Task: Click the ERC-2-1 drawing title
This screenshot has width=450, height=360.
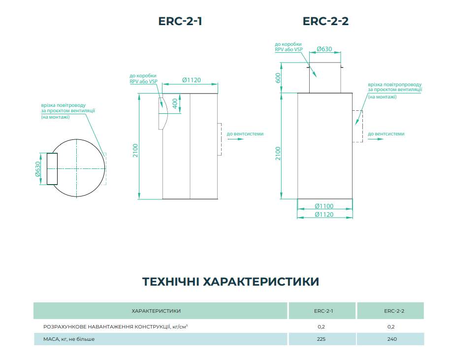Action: (180, 22)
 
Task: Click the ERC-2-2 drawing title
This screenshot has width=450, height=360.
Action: (325, 22)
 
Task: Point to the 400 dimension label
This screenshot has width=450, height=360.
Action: (174, 104)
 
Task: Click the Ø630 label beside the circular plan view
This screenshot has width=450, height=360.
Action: (37, 169)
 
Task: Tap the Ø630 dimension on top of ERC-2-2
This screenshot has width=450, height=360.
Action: (324, 49)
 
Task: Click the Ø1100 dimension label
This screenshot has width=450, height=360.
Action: (324, 206)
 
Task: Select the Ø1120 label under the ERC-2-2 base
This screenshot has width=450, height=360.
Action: (324, 214)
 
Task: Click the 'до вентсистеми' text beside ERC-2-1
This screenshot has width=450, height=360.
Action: (245, 133)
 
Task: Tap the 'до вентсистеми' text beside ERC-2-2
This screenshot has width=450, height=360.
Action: (386, 133)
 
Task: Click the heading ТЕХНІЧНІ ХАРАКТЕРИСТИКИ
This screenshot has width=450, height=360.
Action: (230, 282)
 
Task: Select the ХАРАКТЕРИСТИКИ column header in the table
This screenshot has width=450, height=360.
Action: (156, 311)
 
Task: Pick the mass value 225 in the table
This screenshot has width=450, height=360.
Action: (321, 339)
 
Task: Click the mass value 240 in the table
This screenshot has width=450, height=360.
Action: (392, 339)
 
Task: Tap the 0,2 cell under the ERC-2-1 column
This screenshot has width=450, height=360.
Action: (321, 327)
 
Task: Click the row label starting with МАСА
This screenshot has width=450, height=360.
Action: (69, 339)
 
